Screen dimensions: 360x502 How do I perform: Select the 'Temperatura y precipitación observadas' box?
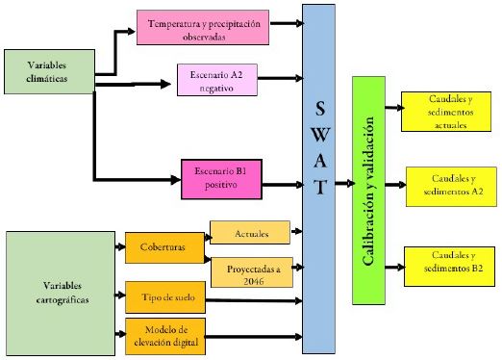point(203,28)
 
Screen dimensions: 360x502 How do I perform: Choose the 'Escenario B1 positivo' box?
point(222,177)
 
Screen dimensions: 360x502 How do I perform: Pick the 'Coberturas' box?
point(164,248)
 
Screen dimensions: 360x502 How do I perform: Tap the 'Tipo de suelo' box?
point(164,297)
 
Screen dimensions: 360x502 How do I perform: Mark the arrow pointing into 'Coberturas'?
point(117,248)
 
